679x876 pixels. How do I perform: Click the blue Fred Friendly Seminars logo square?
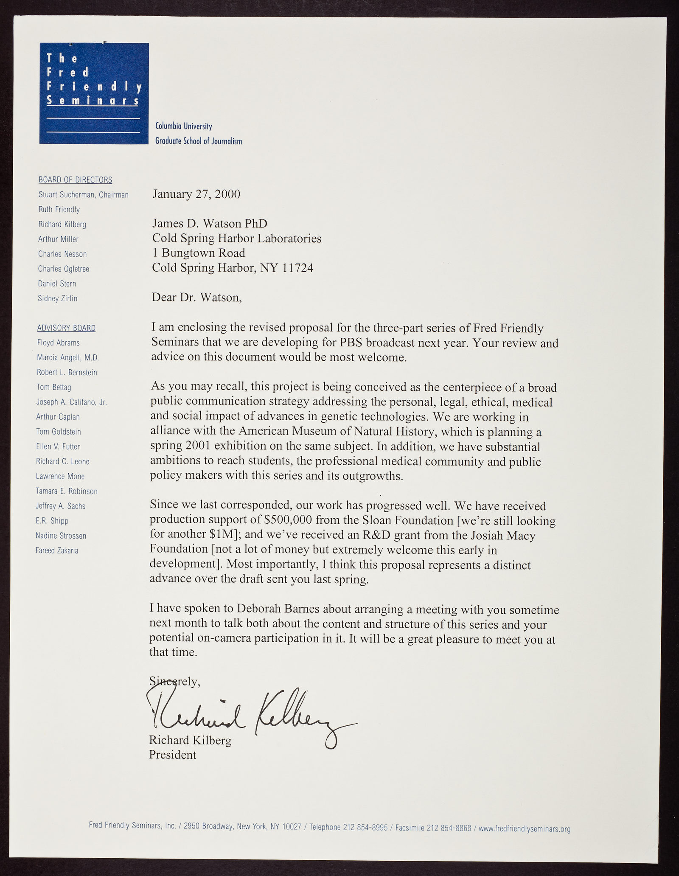pyautogui.click(x=94, y=93)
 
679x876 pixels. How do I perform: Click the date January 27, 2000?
pyautogui.click(x=196, y=194)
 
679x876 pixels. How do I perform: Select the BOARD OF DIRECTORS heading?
pyautogui.click(x=75, y=180)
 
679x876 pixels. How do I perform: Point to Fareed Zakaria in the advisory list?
pyautogui.click(x=57, y=550)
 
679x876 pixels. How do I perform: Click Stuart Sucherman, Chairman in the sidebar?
pyautogui.click(x=83, y=195)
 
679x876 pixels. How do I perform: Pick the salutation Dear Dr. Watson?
pyautogui.click(x=197, y=298)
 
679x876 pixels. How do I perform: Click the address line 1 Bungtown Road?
pyautogui.click(x=199, y=253)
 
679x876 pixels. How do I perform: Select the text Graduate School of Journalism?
pyautogui.click(x=199, y=141)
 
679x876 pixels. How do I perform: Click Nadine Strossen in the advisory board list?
pyautogui.click(x=61, y=536)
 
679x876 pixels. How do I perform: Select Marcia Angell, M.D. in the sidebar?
pyautogui.click(x=68, y=358)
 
